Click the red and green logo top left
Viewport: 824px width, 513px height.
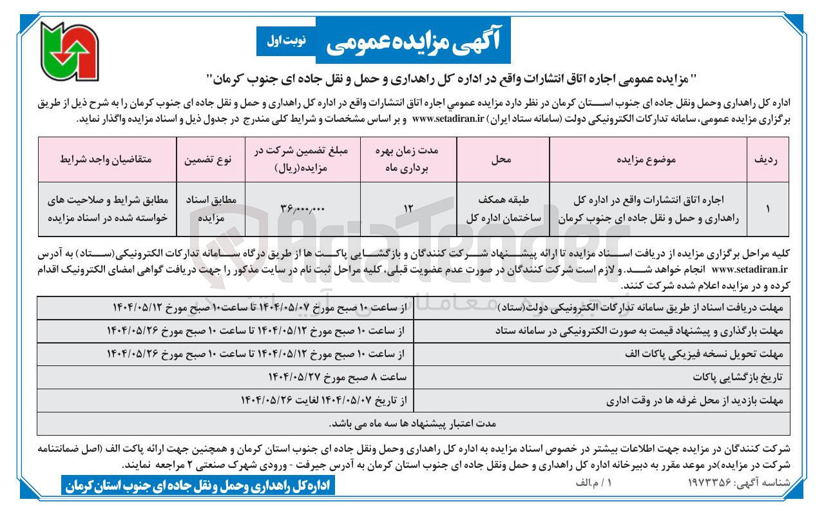point(69,51)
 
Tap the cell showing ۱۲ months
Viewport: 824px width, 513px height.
point(407,209)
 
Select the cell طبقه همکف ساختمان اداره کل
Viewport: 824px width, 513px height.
point(502,209)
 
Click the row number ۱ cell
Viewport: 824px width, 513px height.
point(765,209)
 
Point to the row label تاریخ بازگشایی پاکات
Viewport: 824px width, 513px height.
point(736,377)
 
